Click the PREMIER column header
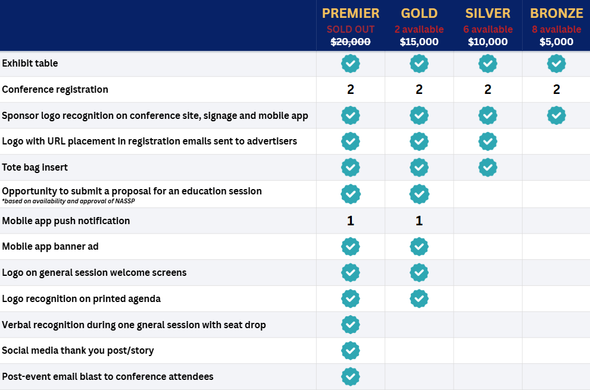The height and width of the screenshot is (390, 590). coord(351,13)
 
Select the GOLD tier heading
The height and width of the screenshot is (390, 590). coord(419,13)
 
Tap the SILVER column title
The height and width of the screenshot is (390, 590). coord(488,13)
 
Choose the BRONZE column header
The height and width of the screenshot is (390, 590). coord(557,13)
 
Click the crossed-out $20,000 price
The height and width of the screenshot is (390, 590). coord(351,42)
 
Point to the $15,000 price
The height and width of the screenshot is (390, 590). coord(419,42)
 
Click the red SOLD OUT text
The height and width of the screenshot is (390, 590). coord(351,29)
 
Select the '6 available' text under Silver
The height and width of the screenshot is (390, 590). coord(488,29)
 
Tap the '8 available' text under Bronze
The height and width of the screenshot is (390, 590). coord(557,29)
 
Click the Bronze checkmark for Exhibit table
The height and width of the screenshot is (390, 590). coord(556,63)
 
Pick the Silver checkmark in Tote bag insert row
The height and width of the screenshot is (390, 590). coord(488,167)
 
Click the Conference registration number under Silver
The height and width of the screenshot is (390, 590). coord(488,90)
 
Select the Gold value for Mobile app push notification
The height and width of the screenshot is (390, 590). coord(419,221)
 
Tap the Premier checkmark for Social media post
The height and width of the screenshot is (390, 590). coord(351,351)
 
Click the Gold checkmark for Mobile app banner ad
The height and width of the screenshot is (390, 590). coord(419,247)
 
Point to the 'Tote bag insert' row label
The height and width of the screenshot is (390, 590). coord(35,168)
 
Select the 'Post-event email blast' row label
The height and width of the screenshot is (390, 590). coord(107,377)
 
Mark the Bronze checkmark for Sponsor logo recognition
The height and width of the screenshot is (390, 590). coord(556,115)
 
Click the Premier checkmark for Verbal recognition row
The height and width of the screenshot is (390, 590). coord(351,325)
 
